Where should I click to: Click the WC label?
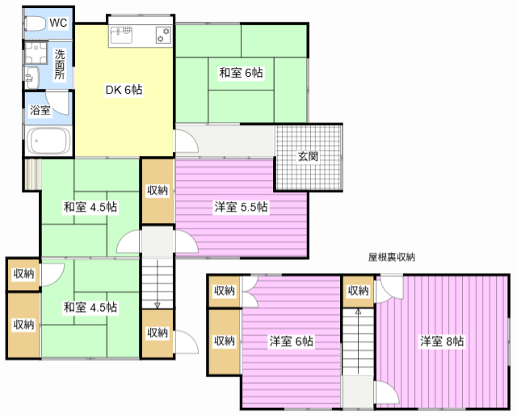point(57,23)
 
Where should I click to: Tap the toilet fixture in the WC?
point(35,23)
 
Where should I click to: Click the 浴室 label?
point(40,111)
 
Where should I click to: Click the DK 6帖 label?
point(124,90)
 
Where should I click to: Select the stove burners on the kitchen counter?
point(162,35)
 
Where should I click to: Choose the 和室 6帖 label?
point(241,73)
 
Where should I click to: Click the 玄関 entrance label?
point(308,156)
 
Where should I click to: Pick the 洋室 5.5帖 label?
point(241,207)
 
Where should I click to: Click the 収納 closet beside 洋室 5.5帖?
point(158,191)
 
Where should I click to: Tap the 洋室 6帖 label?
point(291,341)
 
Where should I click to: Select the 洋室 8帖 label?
point(441,341)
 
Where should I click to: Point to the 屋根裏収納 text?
point(391,258)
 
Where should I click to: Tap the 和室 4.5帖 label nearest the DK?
point(90,207)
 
